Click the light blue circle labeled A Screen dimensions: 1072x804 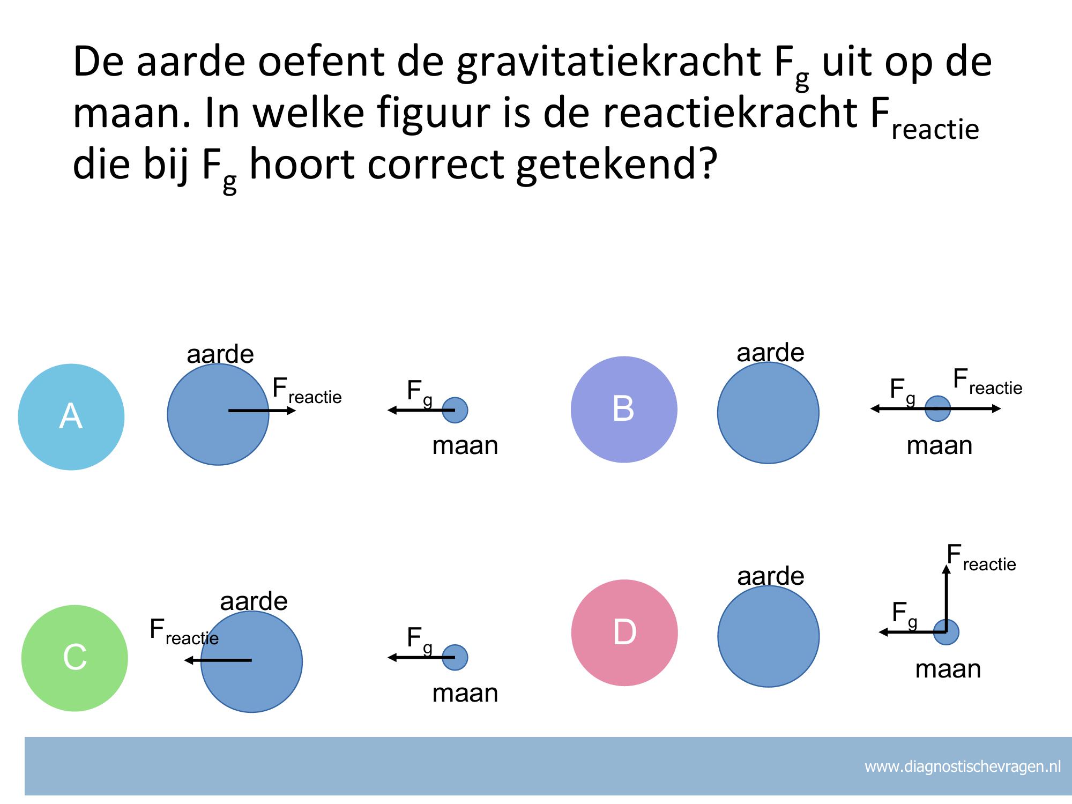click(x=71, y=417)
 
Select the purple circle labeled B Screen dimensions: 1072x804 click(x=624, y=410)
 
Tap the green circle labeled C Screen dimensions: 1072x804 click(x=75, y=658)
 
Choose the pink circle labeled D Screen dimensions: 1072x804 click(x=624, y=632)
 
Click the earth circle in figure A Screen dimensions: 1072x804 click(x=218, y=414)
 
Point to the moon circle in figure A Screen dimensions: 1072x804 click(x=455, y=411)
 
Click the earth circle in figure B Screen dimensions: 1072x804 click(x=768, y=413)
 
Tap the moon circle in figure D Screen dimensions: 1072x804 click(x=946, y=632)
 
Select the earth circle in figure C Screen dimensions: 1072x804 click(x=251, y=661)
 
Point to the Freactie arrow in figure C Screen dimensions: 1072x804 click(x=218, y=660)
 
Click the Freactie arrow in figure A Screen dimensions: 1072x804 click(x=262, y=411)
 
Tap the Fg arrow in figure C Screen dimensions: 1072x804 click(x=421, y=657)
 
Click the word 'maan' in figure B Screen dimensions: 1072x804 click(x=939, y=445)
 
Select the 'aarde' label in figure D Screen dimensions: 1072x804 click(x=771, y=576)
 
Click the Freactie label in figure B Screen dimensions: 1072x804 click(x=987, y=382)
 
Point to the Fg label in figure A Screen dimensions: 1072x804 click(x=419, y=393)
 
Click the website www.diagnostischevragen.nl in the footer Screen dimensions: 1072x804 click(x=963, y=766)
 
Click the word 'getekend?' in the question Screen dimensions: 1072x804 click(x=616, y=165)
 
